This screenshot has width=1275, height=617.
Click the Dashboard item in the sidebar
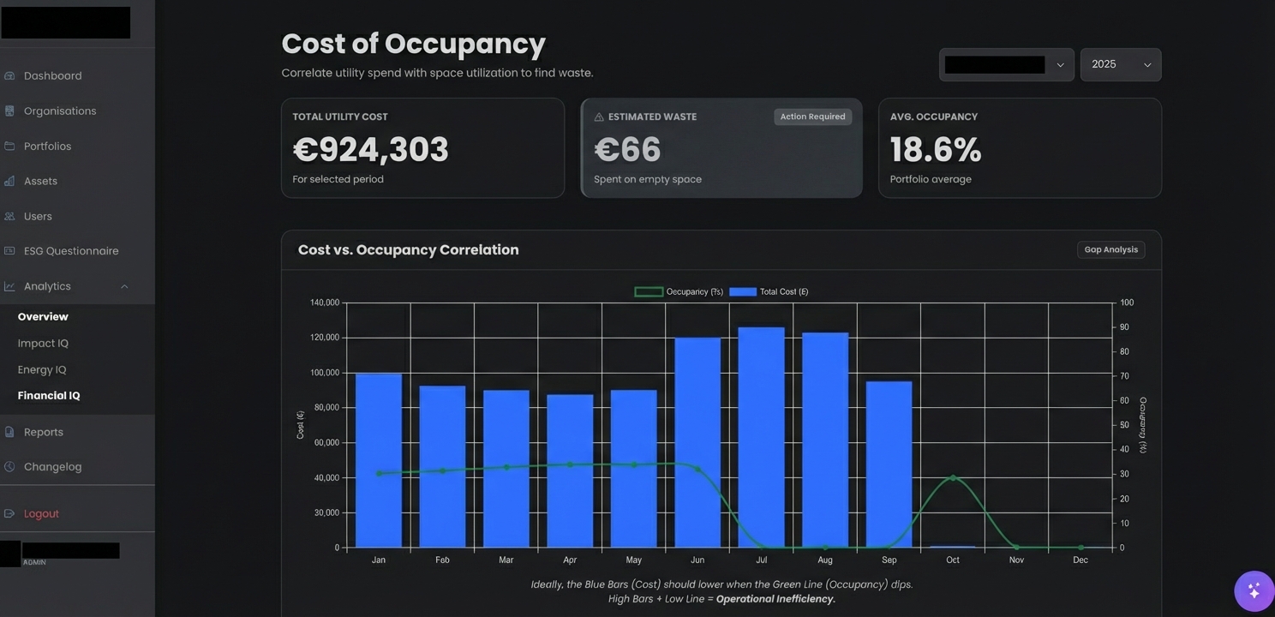pyautogui.click(x=52, y=75)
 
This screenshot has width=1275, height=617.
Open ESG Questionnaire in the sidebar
pyautogui.click(x=70, y=251)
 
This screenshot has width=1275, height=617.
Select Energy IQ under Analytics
pyautogui.click(x=42, y=369)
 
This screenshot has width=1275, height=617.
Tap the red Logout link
pyautogui.click(x=41, y=513)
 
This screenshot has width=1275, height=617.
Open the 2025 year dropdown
pyautogui.click(x=1120, y=64)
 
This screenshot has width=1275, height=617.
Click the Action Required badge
pyautogui.click(x=812, y=117)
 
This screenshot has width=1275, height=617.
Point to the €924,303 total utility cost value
pyautogui.click(x=370, y=150)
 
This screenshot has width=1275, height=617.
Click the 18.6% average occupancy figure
pyautogui.click(x=935, y=150)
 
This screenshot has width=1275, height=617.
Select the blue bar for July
pyautogui.click(x=761, y=437)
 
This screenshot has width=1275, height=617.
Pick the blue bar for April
pyautogui.click(x=570, y=471)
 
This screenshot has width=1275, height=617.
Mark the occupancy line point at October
pyautogui.click(x=953, y=477)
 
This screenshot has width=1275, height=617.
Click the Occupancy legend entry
pyautogui.click(x=679, y=291)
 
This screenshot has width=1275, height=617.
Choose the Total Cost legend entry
pyautogui.click(x=769, y=291)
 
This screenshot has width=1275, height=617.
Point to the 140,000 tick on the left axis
pyautogui.click(x=325, y=303)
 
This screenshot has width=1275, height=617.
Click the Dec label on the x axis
pyautogui.click(x=1080, y=560)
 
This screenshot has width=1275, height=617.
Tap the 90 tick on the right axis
pyautogui.click(x=1124, y=327)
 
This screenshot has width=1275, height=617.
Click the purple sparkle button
pyautogui.click(x=1254, y=590)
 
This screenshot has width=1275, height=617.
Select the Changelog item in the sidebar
pyautogui.click(x=52, y=467)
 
